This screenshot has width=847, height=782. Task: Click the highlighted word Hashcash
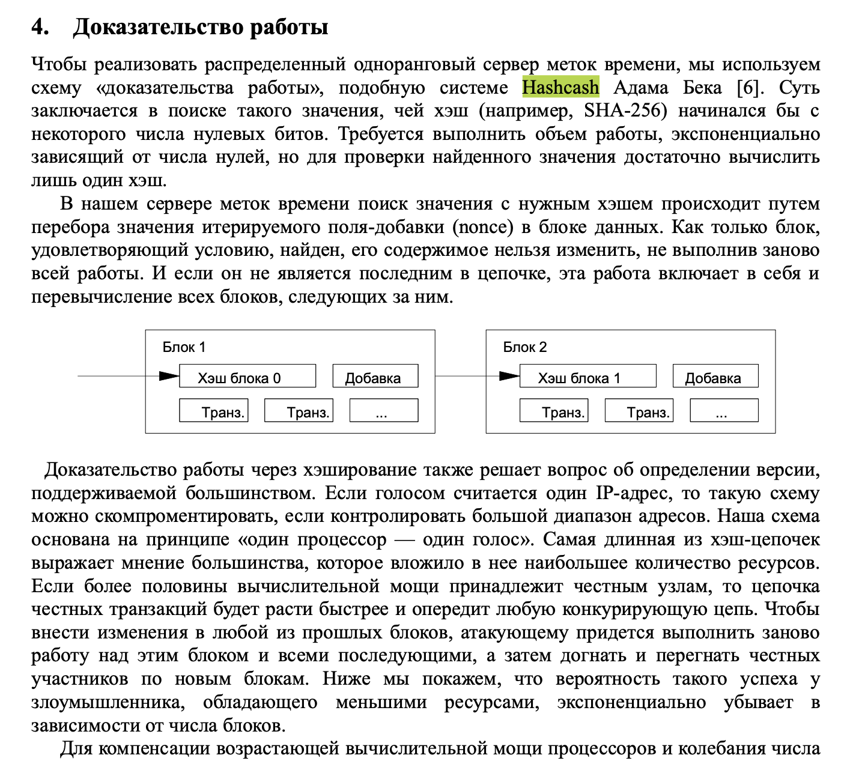[560, 88]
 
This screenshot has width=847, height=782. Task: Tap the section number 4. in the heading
[40, 28]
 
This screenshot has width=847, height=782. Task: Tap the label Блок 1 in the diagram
[184, 347]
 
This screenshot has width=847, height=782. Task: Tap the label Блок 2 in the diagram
[524, 347]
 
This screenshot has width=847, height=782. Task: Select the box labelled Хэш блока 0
[247, 377]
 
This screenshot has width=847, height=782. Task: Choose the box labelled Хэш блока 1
[587, 377]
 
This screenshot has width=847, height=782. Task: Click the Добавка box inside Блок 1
[375, 377]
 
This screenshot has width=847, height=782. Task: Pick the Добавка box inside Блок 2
[715, 377]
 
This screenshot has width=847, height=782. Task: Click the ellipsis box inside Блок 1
[383, 411]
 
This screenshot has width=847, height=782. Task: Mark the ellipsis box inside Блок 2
[724, 411]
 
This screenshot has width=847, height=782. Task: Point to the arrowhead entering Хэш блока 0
[169, 377]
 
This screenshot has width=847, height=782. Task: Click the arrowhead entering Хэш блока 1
[509, 377]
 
